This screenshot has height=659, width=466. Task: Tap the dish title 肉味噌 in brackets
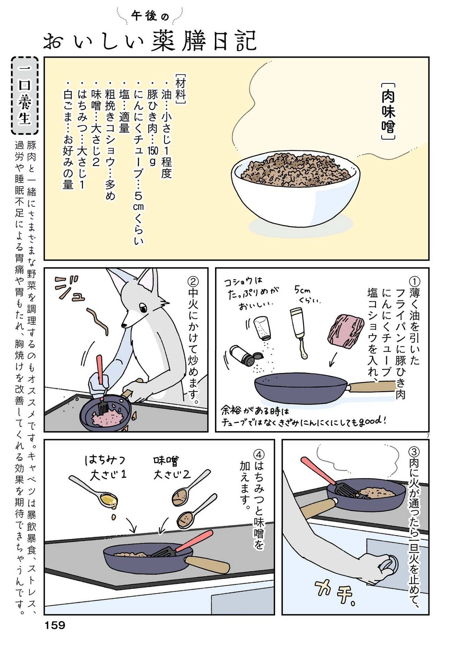389,112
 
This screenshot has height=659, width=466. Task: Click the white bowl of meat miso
295,189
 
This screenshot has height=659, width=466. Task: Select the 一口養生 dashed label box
25,96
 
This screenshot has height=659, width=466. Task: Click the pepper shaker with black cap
243,356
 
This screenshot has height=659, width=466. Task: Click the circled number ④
259,455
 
